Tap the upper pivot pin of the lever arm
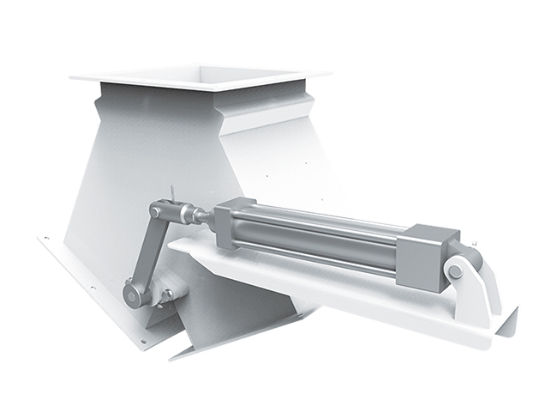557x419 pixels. [x=156, y=210]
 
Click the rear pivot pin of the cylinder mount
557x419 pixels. [x=455, y=272]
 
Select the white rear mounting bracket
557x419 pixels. [x=480, y=283]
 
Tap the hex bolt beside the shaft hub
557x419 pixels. [x=168, y=295]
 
